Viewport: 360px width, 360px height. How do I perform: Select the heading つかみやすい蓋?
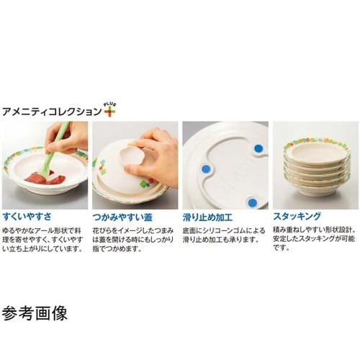[x=122, y=215]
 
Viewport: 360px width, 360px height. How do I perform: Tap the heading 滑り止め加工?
[x=210, y=215]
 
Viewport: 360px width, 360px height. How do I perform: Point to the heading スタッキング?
[x=297, y=215]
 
